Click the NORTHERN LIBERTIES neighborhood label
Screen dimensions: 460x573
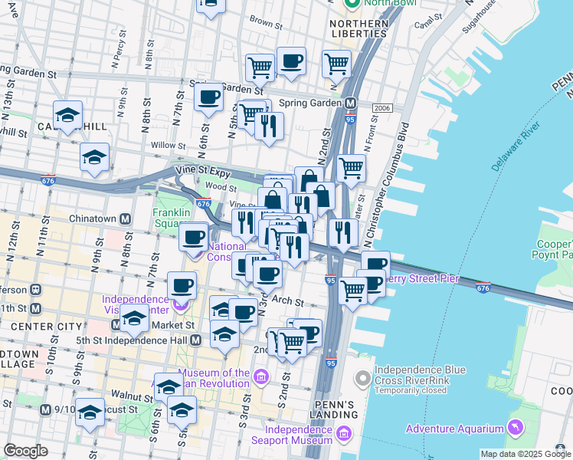(358, 28)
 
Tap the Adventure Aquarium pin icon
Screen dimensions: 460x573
(515, 426)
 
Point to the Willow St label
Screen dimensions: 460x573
(169, 145)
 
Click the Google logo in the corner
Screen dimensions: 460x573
(25, 451)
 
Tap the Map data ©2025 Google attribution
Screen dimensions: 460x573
(525, 454)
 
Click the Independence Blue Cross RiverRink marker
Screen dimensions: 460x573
(363, 378)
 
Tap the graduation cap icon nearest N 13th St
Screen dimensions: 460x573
(68, 117)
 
